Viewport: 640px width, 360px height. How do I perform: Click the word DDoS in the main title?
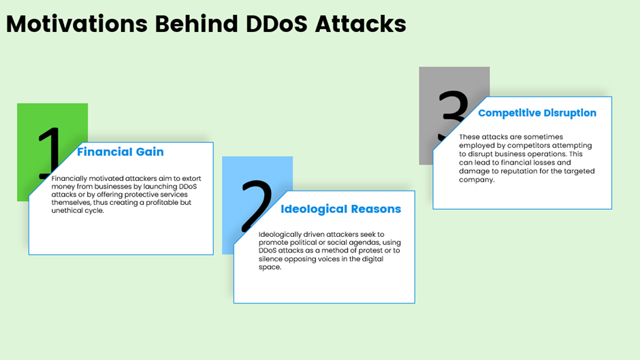pos(276,24)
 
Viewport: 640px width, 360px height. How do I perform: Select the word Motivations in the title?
pos(77,24)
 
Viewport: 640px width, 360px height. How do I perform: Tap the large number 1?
pos(50,153)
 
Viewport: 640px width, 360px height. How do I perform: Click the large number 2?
pos(256,206)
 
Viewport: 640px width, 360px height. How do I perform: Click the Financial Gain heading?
pos(121,152)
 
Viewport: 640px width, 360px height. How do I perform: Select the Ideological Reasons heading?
pos(341,209)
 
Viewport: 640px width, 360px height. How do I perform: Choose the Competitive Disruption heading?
pos(537,113)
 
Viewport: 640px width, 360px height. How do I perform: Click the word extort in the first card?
pos(191,178)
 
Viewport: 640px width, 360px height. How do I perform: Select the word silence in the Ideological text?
pos(270,259)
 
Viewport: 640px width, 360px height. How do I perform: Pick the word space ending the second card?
pos(270,267)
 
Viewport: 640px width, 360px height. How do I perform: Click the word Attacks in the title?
pos(361,24)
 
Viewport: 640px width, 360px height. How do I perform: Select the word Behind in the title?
pos(196,24)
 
